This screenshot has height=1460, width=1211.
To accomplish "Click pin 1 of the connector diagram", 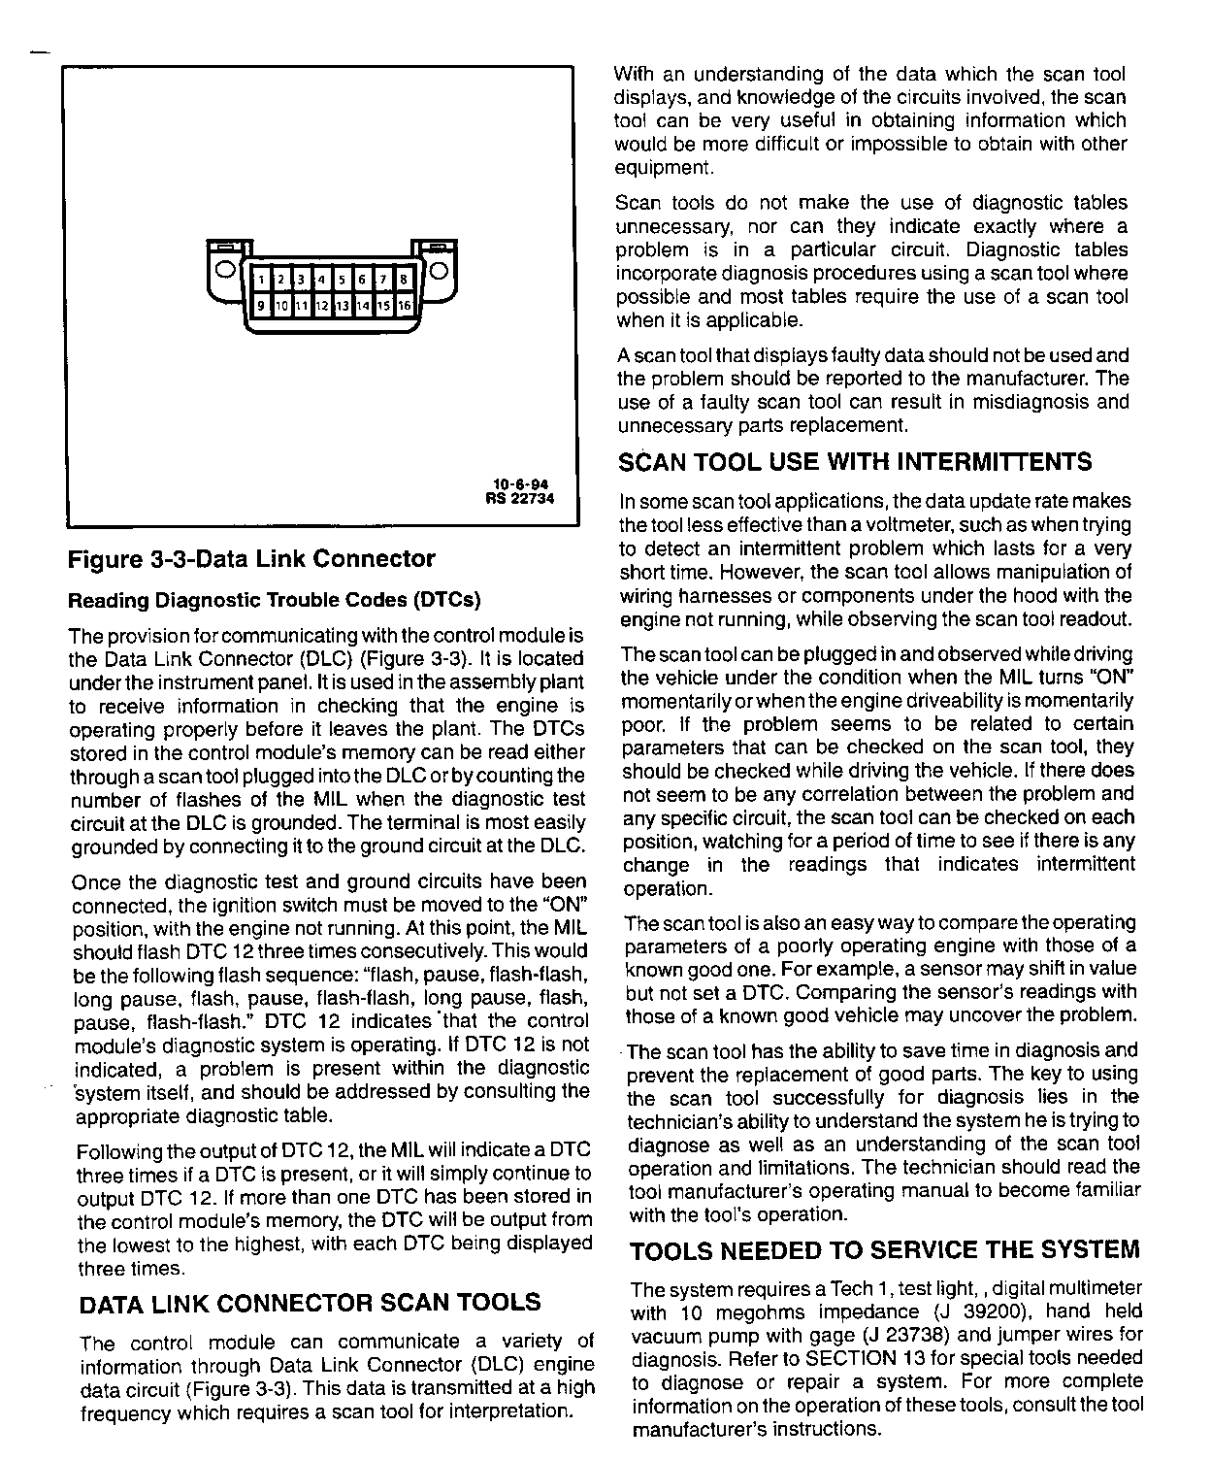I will [261, 280].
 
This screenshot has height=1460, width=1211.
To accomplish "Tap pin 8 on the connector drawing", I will [404, 280].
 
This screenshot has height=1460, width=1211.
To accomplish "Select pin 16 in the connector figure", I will [405, 306].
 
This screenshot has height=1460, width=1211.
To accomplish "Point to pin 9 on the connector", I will [260, 306].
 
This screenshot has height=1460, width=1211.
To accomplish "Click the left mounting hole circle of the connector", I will [224, 269].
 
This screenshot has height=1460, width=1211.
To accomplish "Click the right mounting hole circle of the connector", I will [439, 269].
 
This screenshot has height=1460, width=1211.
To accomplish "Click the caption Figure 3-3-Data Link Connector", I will [251, 559].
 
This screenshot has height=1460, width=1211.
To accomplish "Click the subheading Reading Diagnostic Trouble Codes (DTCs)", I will [275, 600].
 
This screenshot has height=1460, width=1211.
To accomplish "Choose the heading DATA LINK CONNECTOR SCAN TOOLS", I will [309, 1302].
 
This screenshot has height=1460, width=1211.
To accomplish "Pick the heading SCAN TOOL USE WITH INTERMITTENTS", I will [855, 462].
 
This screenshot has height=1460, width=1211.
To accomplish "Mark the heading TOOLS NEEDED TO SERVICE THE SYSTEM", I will [884, 1249].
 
